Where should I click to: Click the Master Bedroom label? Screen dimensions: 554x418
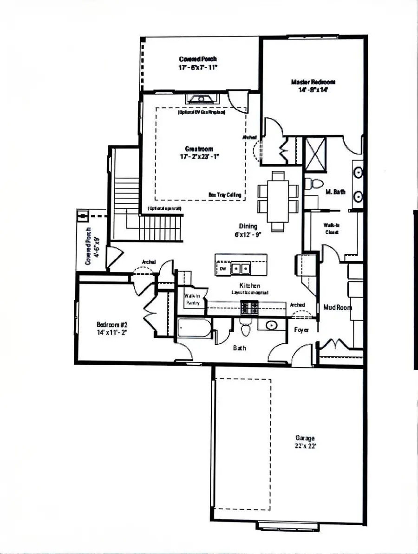[313, 82]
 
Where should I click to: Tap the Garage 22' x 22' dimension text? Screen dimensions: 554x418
[305, 445]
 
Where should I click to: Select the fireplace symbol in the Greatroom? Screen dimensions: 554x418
[202, 98]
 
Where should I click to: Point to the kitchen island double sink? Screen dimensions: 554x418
[241, 268]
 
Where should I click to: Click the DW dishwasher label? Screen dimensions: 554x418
[222, 268]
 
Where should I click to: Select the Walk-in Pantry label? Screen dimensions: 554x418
[192, 299]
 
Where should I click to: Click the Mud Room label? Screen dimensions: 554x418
[338, 307]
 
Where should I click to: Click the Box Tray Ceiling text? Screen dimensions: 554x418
[225, 195]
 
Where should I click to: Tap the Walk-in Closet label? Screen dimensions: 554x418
[332, 228]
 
